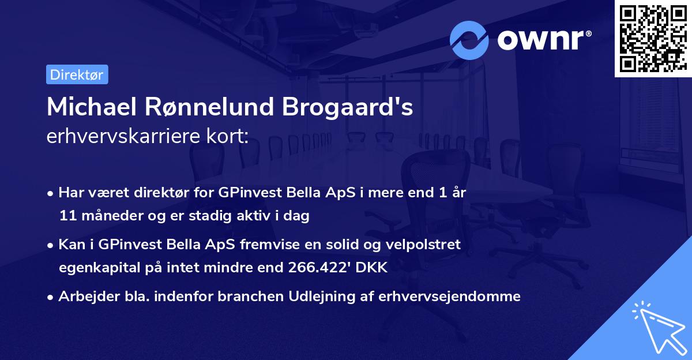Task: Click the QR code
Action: pyautogui.click(x=653, y=38)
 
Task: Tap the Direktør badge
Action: pyautogui.click(x=77, y=74)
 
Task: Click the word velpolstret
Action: pyautogui.click(x=424, y=245)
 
